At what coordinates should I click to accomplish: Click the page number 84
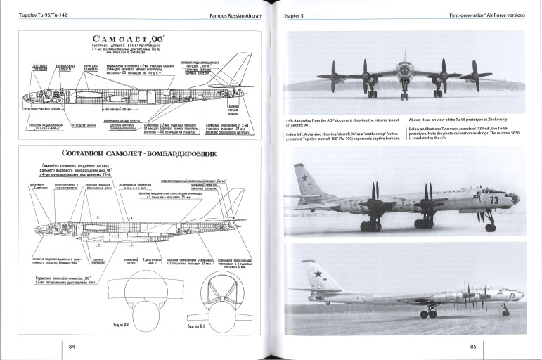[72, 345]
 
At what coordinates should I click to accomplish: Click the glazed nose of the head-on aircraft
[405, 71]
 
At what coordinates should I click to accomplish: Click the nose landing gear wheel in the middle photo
[490, 226]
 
